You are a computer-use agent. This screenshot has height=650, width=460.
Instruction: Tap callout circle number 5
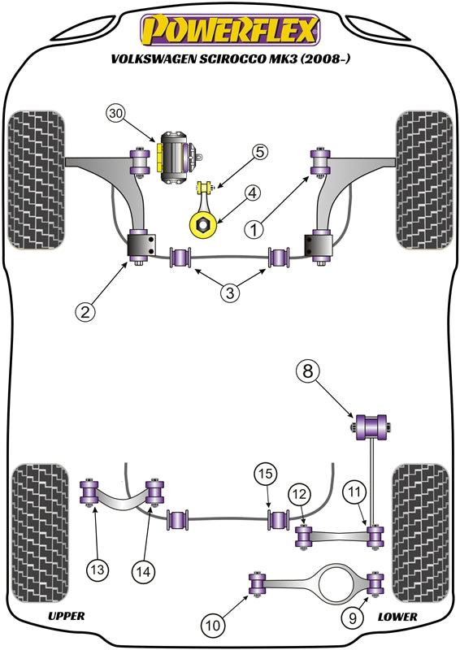tap(259, 151)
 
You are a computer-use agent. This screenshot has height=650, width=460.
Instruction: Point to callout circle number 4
tap(253, 193)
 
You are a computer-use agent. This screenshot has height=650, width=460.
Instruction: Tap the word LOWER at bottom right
tap(397, 617)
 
